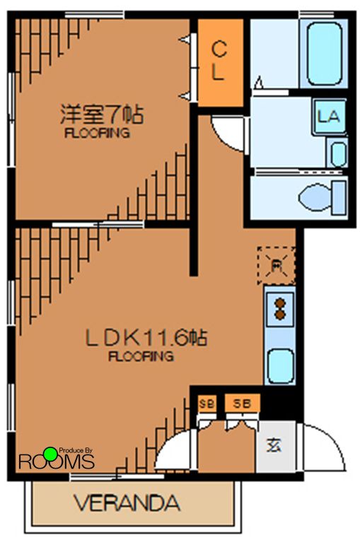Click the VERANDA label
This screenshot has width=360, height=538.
click(127, 504)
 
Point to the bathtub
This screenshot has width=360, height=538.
click(325, 54)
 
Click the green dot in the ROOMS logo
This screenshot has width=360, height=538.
click(50, 453)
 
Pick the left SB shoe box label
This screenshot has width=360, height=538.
click(207, 404)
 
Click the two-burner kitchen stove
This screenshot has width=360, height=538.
click(279, 309)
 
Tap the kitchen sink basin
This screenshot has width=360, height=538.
click(280, 366)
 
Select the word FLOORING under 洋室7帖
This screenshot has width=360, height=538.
click(97, 132)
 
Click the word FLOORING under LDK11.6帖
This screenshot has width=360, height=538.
click(141, 356)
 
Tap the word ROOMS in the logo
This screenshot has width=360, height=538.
click(56, 463)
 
